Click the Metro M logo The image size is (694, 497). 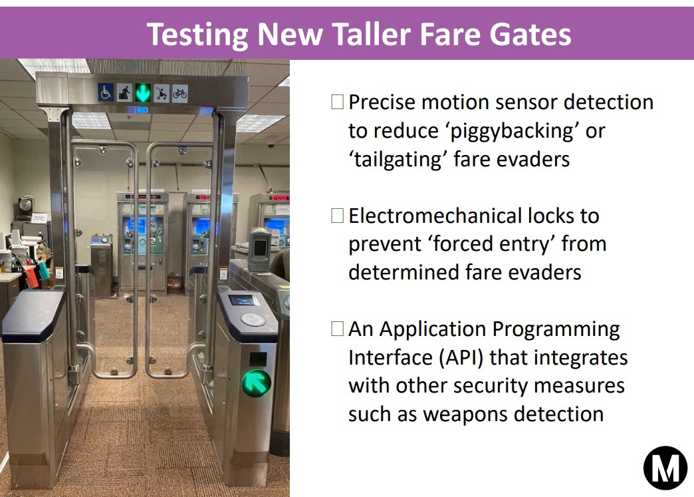coord(665,468)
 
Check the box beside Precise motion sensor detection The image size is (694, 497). coord(337,102)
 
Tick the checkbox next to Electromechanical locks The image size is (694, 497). coord(337,216)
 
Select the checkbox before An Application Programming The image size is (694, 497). coord(337,329)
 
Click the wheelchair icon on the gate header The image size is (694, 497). coord(106,92)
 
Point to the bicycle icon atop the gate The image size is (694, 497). coord(179,94)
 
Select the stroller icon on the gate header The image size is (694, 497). coord(162,93)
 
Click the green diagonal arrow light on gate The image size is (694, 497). coord(256,383)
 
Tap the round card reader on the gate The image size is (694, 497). coord(253,319)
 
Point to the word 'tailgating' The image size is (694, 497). coord(398,160)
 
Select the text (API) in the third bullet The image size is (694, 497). coord(461,357)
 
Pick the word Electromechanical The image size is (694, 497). coord(429,216)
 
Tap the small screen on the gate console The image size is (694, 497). coord(244,300)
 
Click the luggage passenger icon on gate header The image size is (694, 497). coord(124,92)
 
